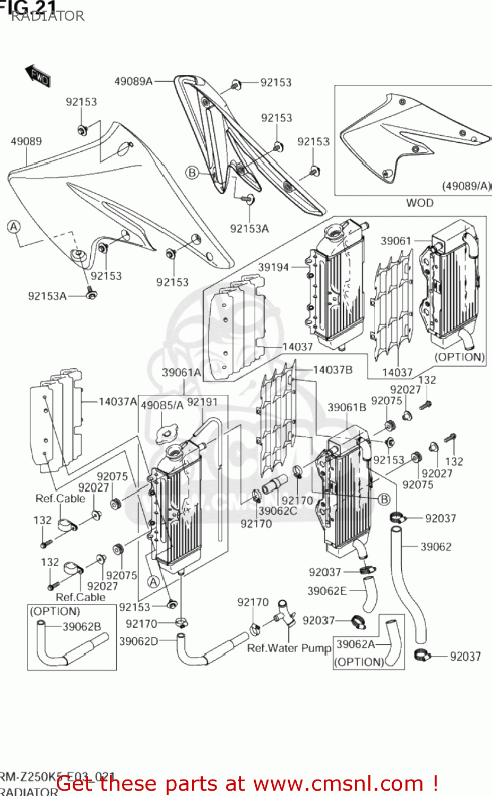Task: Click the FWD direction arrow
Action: tap(38, 75)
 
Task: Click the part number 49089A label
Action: tap(133, 81)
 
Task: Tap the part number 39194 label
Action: tap(273, 267)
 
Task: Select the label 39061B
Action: tap(347, 408)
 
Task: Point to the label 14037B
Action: tap(332, 369)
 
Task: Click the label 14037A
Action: tap(118, 402)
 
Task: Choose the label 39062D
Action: tap(139, 641)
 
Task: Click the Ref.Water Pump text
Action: tap(289, 648)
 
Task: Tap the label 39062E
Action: tap(327, 591)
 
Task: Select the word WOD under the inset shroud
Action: tap(419, 203)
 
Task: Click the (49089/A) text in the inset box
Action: tap(467, 186)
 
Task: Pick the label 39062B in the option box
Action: tap(82, 627)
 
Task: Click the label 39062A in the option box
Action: tap(356, 644)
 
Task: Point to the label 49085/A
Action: tap(162, 405)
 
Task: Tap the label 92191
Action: tap(202, 402)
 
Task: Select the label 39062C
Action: tap(278, 511)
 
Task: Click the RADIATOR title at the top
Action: tap(48, 16)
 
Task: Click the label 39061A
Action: tap(182, 373)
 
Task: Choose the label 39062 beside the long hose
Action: tap(436, 547)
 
